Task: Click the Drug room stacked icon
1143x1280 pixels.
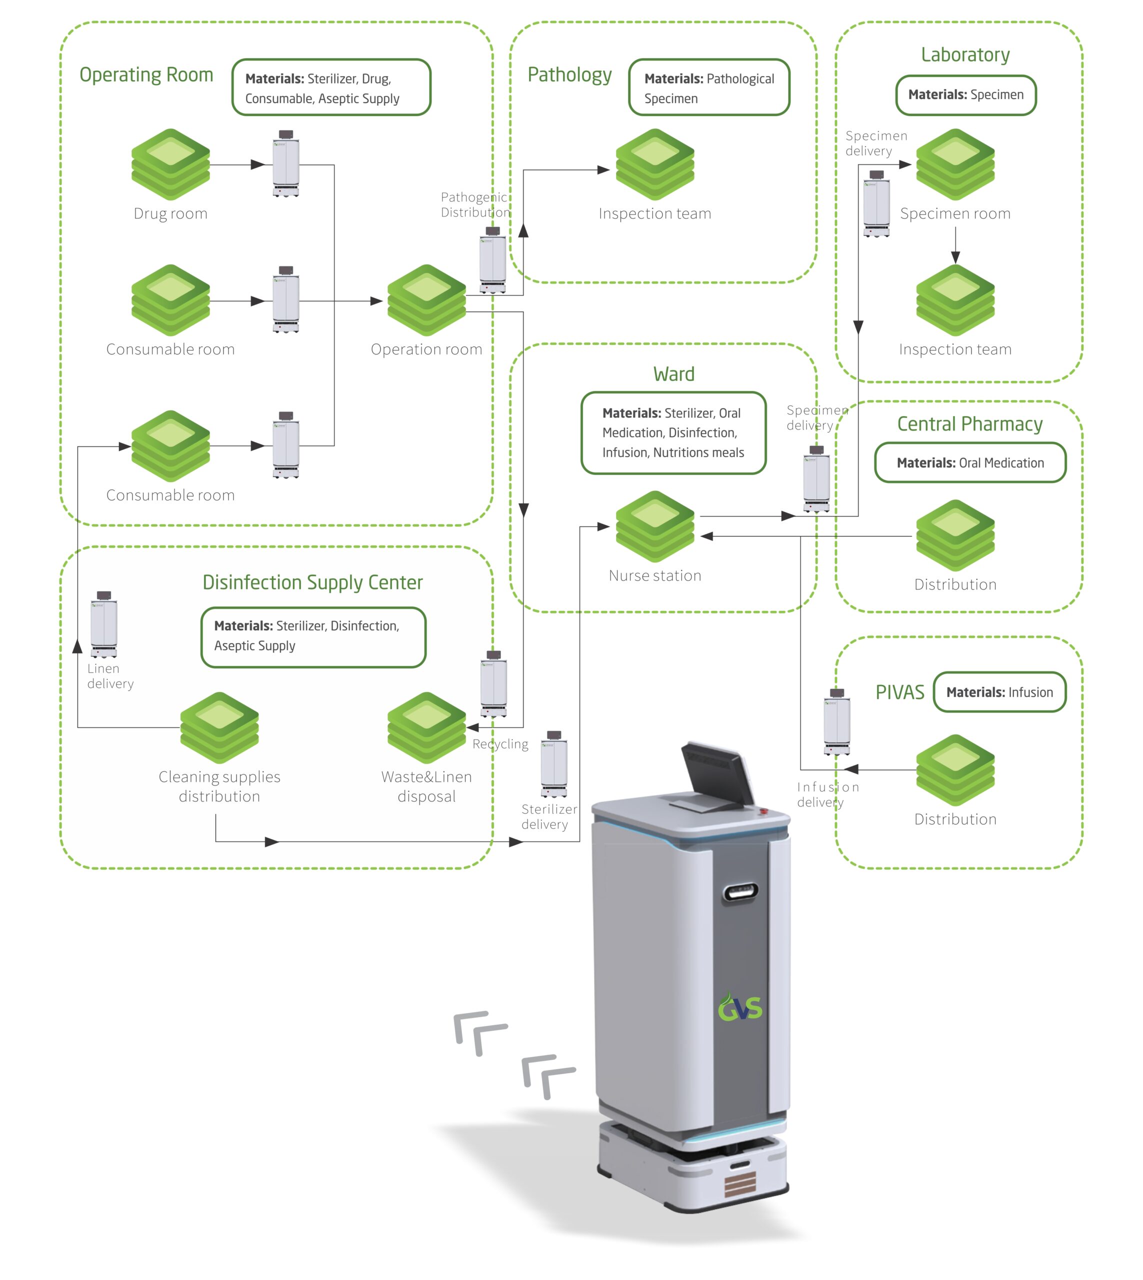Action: [x=170, y=164]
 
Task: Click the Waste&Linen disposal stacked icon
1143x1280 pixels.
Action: [x=426, y=727]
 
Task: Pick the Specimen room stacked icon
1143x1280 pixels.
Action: [x=955, y=164]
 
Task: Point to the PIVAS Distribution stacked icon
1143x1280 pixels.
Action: [x=955, y=769]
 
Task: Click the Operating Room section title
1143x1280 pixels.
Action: [x=146, y=74]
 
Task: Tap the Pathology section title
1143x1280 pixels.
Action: [x=569, y=74]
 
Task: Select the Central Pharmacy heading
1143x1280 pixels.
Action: [x=969, y=424]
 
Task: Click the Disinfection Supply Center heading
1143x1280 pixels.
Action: [x=312, y=582]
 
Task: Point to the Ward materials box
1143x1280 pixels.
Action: [x=673, y=432]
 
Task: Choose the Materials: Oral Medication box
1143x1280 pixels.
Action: [x=969, y=463]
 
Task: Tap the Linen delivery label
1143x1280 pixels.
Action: [x=110, y=676]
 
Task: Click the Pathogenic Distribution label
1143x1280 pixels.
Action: [x=475, y=204]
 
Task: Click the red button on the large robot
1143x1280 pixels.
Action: [x=763, y=811]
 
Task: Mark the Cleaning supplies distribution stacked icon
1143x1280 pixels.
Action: [x=219, y=727]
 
